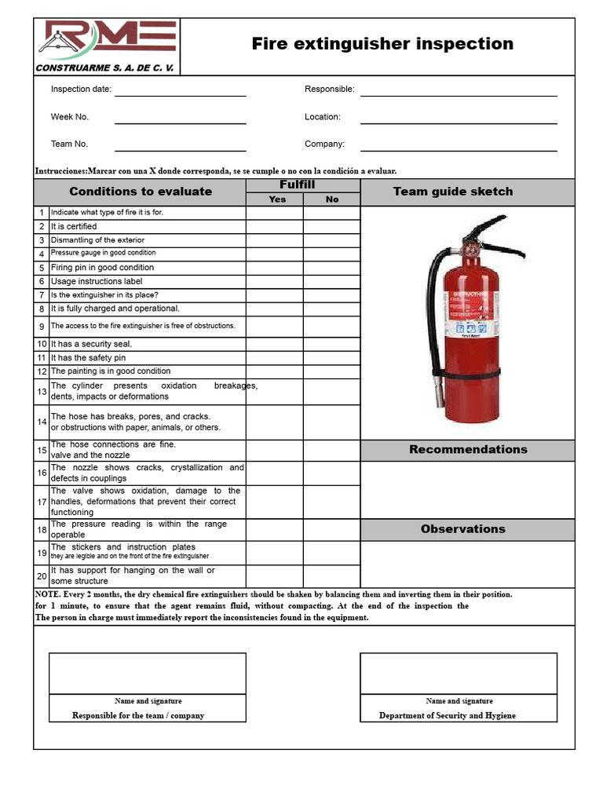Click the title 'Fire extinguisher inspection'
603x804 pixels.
pyautogui.click(x=382, y=44)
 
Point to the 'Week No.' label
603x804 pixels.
pyautogui.click(x=70, y=117)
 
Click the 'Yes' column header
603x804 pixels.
pyautogui.click(x=277, y=199)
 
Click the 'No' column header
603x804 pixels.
pyautogui.click(x=332, y=199)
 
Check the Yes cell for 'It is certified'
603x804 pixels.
pyautogui.click(x=275, y=227)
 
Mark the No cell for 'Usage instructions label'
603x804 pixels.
pyautogui.click(x=331, y=281)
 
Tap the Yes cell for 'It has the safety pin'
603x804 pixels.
pyautogui.click(x=275, y=358)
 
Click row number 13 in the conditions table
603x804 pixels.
pyautogui.click(x=42, y=391)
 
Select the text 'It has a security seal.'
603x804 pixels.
pyautogui.click(x=92, y=344)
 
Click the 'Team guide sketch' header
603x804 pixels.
pyautogui.click(x=452, y=192)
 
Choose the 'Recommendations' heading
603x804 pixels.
pyautogui.click(x=468, y=450)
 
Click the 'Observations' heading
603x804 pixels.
pyautogui.click(x=463, y=529)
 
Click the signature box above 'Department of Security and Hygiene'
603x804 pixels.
pyautogui.click(x=459, y=673)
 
